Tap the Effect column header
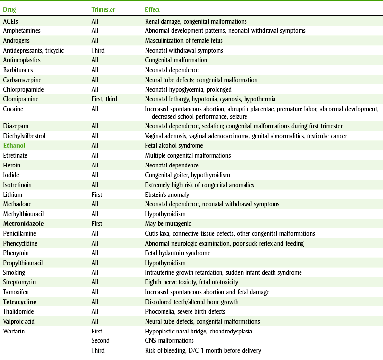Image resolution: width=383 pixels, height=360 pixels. pos(152,10)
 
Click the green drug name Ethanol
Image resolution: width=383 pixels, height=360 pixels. pos(14,146)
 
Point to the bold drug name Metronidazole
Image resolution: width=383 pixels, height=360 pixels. pos(24,224)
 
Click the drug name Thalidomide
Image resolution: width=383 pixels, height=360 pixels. pos(19,311)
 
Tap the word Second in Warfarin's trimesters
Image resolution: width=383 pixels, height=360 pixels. pos(100,340)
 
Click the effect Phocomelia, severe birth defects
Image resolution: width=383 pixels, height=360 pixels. pos(186,311)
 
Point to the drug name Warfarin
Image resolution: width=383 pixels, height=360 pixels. pos(14,331)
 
